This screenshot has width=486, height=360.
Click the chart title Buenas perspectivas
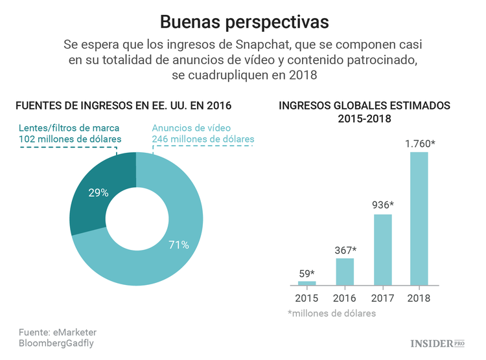pos(244,22)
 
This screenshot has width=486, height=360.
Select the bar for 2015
pos(307,283)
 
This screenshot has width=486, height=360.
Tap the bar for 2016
pos(344,271)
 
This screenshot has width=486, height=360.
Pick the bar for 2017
pos(382,249)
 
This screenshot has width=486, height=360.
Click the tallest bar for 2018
pos(419,218)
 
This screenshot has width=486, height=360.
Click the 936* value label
pos(382,205)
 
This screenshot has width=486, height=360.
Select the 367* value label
pos(345,250)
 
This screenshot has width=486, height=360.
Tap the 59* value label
pos(307,273)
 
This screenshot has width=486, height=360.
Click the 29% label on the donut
pos(98,192)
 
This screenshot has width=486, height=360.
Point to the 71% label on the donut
pos(179,245)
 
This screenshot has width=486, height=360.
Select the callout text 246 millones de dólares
pos(203,139)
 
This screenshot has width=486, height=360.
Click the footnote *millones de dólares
pos(331,313)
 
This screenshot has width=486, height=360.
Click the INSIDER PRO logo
pos(437,343)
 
